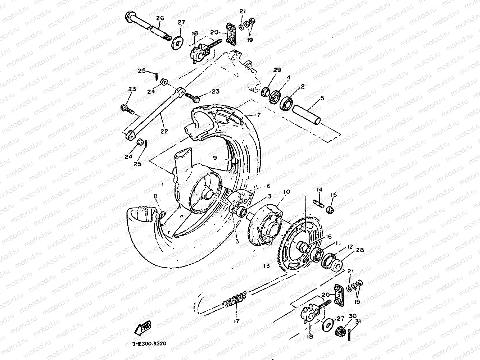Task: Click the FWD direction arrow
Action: point(143,328)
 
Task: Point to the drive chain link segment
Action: point(236,299)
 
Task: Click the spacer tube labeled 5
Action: point(307,115)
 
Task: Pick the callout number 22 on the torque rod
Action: point(164,131)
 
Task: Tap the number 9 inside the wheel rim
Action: point(215,158)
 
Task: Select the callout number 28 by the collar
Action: point(349,250)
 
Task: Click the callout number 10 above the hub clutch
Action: point(286,192)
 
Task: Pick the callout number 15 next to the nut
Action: point(334,195)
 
